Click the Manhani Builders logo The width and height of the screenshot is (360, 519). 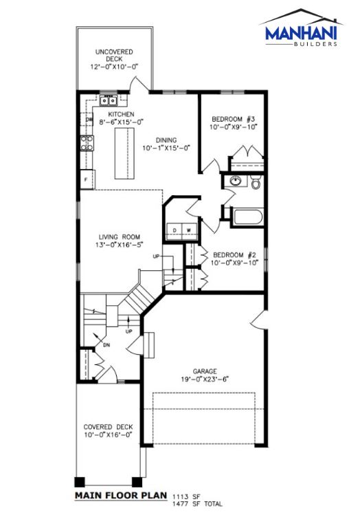click(302, 28)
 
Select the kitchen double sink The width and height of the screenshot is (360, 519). click(109, 100)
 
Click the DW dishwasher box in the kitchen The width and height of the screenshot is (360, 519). click(87, 120)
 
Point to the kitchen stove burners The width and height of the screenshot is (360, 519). click(87, 143)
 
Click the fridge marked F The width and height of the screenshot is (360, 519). click(87, 179)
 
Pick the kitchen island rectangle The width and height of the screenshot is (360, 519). click(125, 153)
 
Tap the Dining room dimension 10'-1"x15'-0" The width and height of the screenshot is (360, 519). click(166, 148)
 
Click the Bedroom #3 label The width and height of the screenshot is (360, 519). click(234, 119)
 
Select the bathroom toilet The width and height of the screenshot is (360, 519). click(256, 182)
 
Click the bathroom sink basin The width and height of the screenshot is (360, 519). click(235, 181)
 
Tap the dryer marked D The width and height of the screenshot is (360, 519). click(175, 230)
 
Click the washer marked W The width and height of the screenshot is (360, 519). click(189, 230)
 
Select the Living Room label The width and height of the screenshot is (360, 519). click(120, 237)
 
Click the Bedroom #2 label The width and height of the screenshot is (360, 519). click(234, 255)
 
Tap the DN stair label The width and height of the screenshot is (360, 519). click(106, 345)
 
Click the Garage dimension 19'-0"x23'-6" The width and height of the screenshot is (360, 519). click(205, 379)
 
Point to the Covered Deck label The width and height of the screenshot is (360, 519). click(108, 427)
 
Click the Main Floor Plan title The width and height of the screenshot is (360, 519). click(121, 495)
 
